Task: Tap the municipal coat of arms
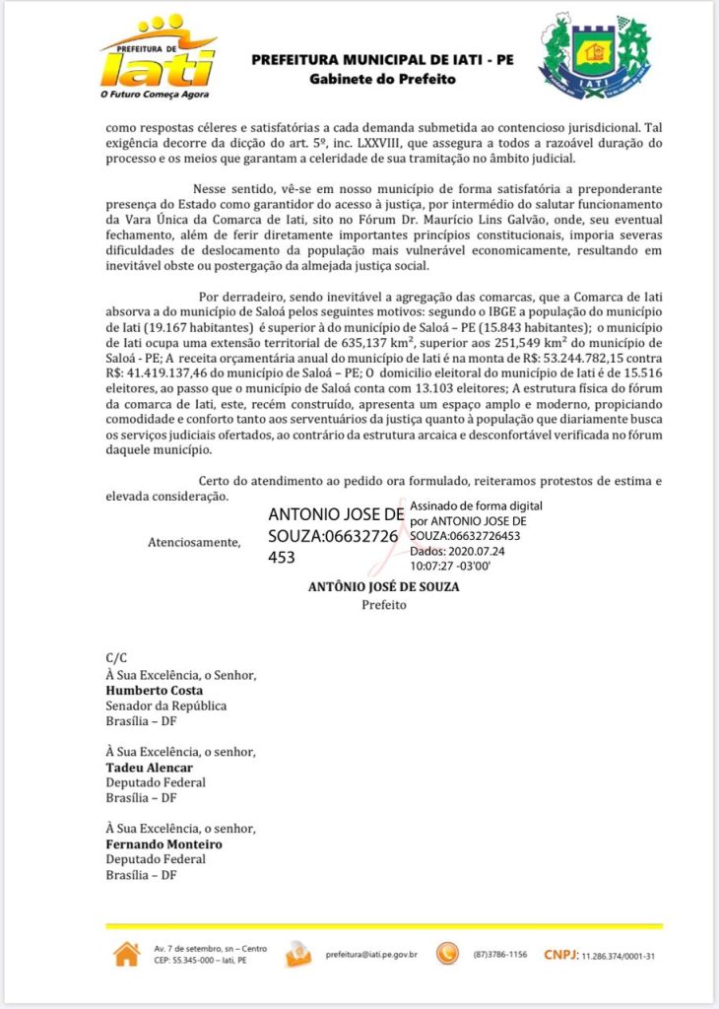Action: [594, 56]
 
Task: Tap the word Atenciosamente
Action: [194, 542]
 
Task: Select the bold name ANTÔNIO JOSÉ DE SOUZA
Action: [383, 586]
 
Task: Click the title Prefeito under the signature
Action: [383, 605]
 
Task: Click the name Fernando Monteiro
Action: [163, 844]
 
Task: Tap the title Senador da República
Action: [166, 706]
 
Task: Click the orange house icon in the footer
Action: [127, 954]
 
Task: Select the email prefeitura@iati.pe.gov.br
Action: [371, 954]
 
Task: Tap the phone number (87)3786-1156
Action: [499, 954]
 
